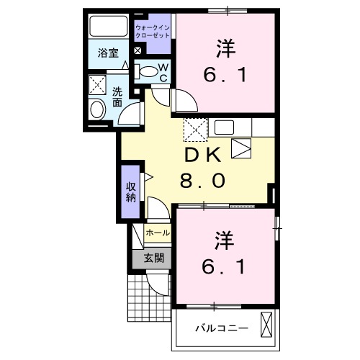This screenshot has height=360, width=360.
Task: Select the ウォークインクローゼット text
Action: click(x=153, y=31)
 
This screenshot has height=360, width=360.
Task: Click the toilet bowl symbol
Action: click(x=148, y=71)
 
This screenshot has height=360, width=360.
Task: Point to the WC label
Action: click(x=163, y=72)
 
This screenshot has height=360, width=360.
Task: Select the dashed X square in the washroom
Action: click(x=96, y=84)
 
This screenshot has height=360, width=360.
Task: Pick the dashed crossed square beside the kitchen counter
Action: click(x=195, y=130)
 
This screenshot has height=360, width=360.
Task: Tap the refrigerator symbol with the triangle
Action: click(x=241, y=150)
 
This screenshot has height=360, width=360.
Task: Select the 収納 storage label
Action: click(x=131, y=192)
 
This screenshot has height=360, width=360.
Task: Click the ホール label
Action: click(x=158, y=233)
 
